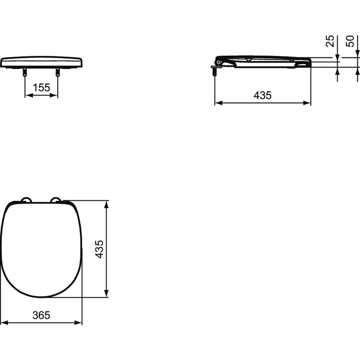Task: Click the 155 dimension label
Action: (41, 88)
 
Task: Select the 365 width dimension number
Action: (41, 315)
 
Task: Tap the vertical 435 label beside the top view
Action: (99, 249)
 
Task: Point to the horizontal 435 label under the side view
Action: (263, 95)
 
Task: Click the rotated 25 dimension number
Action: (330, 41)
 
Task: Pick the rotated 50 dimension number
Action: (350, 41)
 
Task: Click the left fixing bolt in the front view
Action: (25, 72)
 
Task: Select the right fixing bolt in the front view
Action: (58, 72)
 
